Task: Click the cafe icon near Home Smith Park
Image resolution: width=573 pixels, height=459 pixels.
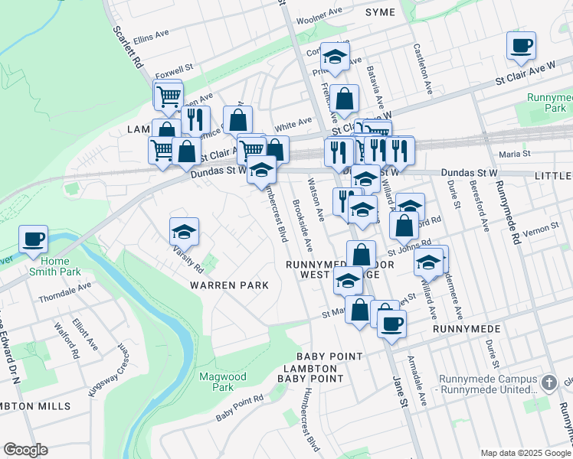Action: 34,239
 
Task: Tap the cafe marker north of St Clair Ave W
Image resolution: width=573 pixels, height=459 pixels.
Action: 521,47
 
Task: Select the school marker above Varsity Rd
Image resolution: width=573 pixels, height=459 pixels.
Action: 184,231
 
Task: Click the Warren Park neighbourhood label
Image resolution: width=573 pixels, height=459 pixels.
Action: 230,285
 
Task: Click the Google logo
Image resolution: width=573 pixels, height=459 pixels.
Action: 25,450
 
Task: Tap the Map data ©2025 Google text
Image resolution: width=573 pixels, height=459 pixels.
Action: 524,452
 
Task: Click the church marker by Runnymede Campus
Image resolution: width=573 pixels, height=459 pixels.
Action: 548,382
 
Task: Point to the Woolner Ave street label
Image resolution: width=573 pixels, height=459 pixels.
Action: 319,18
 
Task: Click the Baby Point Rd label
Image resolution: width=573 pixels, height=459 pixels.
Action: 239,409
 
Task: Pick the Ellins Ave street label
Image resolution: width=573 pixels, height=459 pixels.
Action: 150,36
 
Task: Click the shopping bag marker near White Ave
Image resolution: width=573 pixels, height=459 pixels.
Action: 237,120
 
